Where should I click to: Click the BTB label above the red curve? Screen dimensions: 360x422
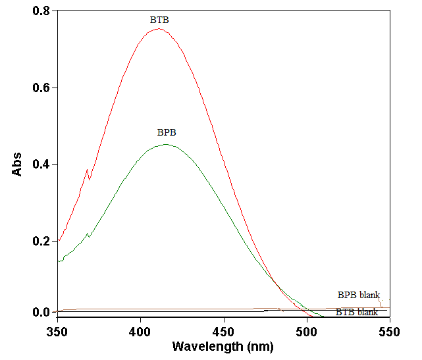coord(159,20)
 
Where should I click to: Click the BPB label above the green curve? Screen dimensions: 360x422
coord(167,132)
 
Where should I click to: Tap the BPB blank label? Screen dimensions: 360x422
coord(359,295)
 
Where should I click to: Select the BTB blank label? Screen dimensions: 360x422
coord(357,312)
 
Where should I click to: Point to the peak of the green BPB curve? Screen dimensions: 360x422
coord(167,145)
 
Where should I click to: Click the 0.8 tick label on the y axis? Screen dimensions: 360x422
coord(40,11)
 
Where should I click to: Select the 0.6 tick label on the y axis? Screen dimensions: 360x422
coord(40,88)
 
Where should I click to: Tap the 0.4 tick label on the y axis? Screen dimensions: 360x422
coord(40,164)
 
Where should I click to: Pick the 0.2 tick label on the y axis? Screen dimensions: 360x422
coord(40,241)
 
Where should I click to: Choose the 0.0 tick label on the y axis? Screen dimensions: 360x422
coord(40,312)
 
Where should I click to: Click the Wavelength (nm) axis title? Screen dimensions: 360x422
coord(223,346)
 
